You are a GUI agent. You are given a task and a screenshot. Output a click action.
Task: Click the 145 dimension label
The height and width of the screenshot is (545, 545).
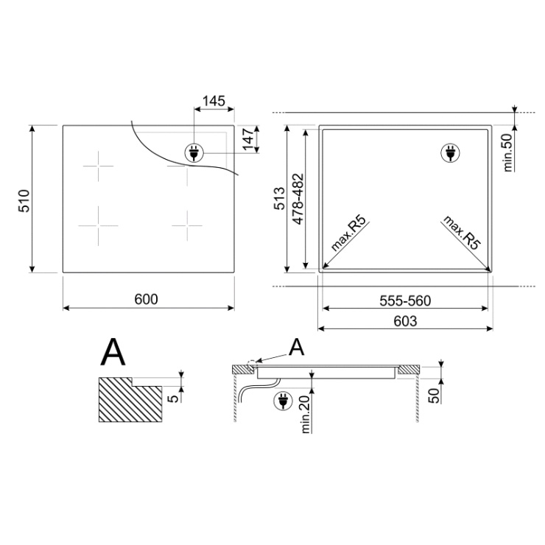(214, 101)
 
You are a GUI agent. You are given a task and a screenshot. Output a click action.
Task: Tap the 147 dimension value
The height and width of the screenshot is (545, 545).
(249, 139)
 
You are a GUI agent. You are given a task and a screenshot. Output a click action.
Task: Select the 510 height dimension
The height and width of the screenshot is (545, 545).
(24, 201)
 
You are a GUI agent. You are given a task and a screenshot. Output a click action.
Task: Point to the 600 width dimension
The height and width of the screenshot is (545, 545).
(147, 299)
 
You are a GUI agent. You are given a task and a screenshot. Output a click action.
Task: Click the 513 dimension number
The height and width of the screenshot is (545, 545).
(280, 198)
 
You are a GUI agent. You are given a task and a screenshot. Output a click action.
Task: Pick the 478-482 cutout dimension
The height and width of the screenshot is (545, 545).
(298, 199)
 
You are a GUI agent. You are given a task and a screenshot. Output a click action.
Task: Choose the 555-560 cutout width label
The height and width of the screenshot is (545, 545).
(405, 300)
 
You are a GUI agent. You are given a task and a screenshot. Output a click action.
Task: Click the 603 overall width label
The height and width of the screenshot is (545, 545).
(405, 321)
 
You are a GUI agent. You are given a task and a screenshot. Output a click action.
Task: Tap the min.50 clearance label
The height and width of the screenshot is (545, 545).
(508, 152)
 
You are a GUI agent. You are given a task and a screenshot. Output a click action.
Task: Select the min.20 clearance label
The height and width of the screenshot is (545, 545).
(306, 415)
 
